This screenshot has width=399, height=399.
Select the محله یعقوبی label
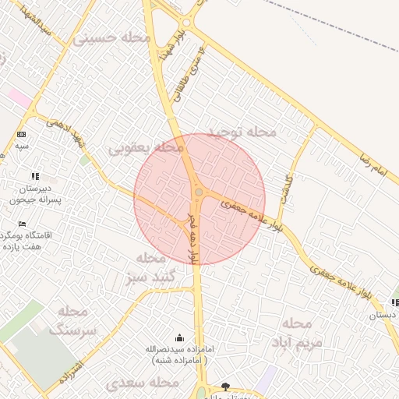point(146,147)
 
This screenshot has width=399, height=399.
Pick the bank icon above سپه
point(20,135)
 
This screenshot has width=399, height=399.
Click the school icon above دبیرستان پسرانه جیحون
point(34,177)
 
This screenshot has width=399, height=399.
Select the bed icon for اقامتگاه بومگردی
point(21,224)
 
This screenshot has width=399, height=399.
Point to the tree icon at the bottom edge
point(226,387)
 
